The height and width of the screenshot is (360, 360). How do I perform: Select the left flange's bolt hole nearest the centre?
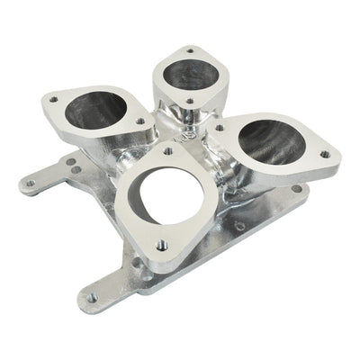click(140, 121)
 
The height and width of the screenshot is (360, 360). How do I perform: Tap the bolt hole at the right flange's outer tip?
click(325, 154)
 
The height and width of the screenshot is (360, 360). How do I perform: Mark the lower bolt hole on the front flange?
click(161, 243)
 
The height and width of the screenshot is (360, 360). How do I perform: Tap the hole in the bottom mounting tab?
click(92, 297)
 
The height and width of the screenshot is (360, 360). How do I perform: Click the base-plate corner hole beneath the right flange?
click(295, 189)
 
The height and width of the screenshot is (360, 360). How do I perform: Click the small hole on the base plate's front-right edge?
click(238, 226)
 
